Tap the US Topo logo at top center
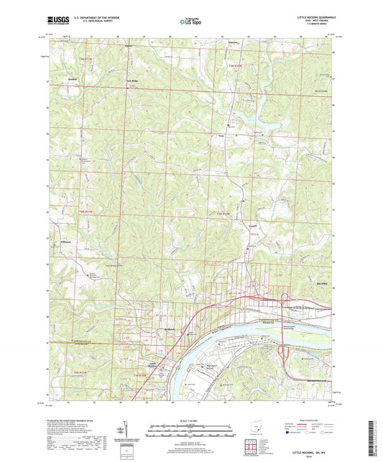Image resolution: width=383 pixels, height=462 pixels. tap(190, 22)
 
